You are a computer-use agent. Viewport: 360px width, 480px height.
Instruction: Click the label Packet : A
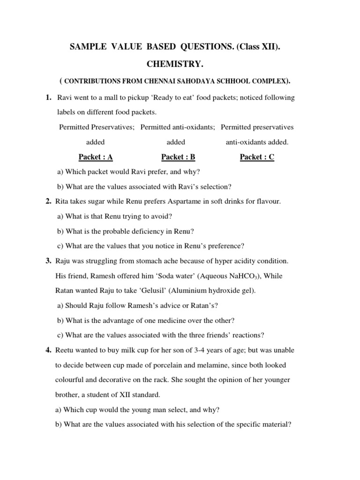(x=96, y=157)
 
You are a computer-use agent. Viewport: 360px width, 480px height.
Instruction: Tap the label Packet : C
(x=257, y=157)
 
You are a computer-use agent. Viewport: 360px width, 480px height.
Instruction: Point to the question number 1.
(x=48, y=97)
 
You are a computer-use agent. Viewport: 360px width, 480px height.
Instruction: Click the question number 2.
(x=48, y=202)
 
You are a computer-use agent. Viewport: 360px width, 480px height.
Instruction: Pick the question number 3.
(x=48, y=261)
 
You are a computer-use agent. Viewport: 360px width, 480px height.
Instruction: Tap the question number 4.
(x=48, y=350)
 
